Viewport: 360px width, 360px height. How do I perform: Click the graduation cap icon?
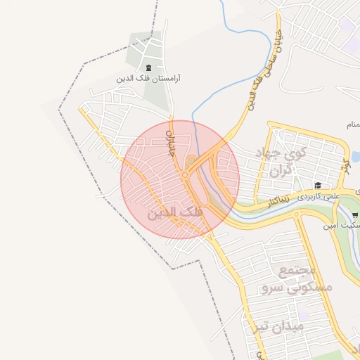(x=318, y=186)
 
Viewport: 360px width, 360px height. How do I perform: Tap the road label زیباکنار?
(x=280, y=200)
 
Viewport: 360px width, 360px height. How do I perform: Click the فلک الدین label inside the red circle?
(x=176, y=212)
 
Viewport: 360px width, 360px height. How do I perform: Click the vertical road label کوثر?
(x=345, y=167)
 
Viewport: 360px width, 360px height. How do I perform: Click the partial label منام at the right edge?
(x=352, y=124)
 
